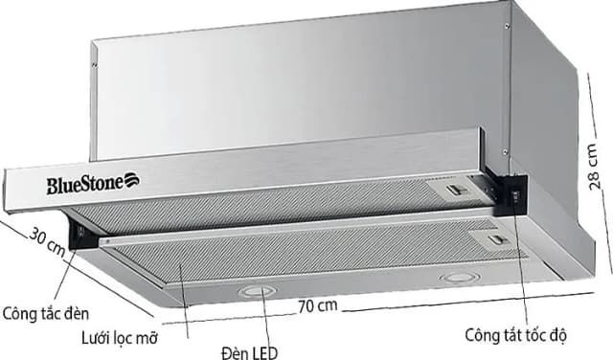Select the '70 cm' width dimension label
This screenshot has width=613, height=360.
click(x=317, y=306)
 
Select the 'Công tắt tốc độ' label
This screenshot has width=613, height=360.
click(x=516, y=336)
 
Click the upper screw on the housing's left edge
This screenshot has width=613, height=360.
click(x=95, y=64)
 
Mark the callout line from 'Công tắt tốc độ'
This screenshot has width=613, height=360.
click(x=521, y=268)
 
